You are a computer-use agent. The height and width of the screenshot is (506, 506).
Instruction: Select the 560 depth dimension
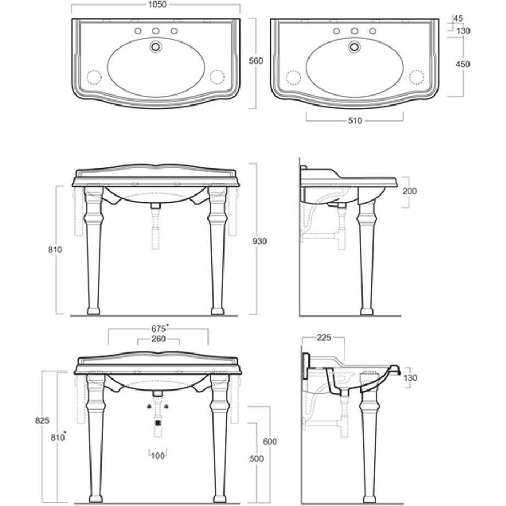coord(256,61)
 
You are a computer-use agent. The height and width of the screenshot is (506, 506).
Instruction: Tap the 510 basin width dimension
coord(355,120)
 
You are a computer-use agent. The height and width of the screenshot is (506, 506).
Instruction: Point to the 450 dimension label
coord(462,64)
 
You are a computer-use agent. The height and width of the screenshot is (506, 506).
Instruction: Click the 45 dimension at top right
coord(458,18)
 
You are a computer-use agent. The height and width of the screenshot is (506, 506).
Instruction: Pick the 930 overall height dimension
coord(259,241)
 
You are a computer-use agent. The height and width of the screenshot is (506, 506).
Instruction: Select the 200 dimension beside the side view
coord(409,191)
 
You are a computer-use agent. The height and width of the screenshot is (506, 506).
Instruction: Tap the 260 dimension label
coord(158,339)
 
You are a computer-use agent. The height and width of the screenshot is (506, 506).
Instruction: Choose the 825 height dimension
coord(42,420)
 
